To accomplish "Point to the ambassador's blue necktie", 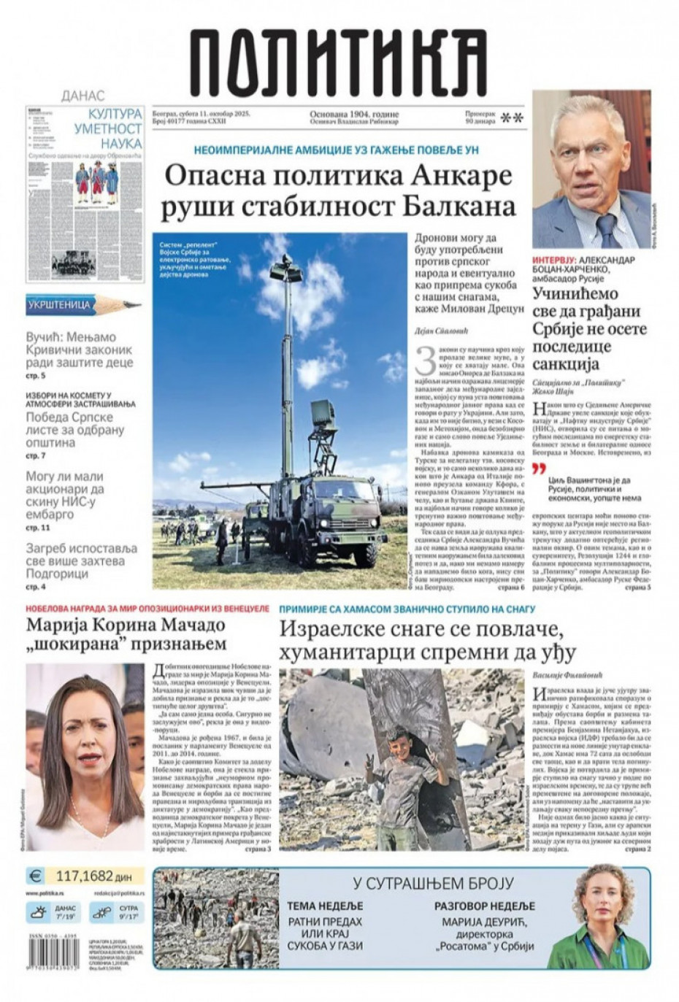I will point(606,231).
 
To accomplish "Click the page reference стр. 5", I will point(36,376).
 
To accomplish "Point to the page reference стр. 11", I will point(38,527).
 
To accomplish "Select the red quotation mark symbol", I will point(540,471).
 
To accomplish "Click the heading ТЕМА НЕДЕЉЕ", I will point(326,906).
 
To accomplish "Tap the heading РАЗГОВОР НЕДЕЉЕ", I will point(485,906).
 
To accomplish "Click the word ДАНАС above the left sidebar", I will point(83,96).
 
